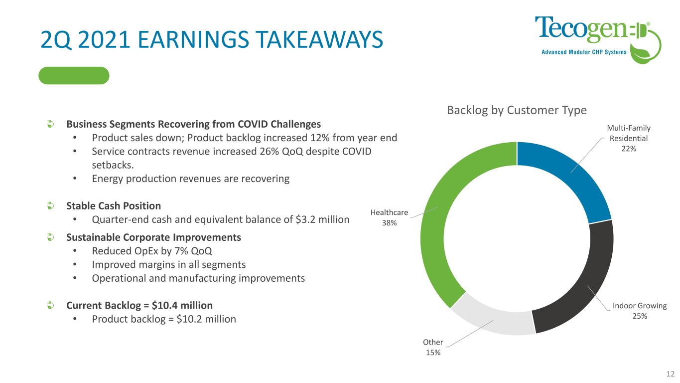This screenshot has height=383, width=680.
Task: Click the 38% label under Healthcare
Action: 389,223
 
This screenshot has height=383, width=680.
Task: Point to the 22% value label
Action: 629,149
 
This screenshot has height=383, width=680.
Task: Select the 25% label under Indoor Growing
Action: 640,316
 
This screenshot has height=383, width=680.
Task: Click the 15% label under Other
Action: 433,353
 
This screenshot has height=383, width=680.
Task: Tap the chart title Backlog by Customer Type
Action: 517,110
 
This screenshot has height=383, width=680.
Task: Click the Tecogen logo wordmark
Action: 581,30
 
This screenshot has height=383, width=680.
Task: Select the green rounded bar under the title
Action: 74,75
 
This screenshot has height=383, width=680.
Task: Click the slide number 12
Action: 671,374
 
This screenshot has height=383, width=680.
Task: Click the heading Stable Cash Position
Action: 114,206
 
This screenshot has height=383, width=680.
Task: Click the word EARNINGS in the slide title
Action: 193,39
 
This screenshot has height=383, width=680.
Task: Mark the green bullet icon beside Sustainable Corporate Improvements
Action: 51,237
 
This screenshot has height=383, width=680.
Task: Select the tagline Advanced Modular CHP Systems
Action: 584,52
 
